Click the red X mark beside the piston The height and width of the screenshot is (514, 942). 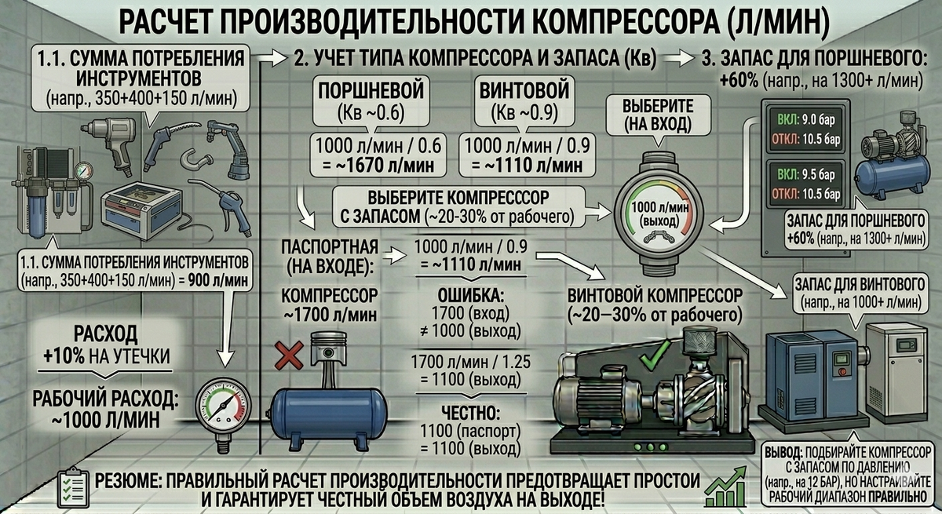click(x=289, y=355)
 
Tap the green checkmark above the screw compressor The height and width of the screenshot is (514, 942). click(x=655, y=355)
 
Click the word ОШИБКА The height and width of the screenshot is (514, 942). click(x=470, y=296)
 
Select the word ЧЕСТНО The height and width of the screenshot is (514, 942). click(x=470, y=413)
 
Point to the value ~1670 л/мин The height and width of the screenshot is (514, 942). click(x=384, y=165)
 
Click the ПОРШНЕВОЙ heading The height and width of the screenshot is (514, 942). click(x=371, y=90)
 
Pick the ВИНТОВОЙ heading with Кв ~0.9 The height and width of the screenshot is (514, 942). click(x=524, y=90)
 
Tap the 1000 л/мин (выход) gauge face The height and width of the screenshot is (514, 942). click(x=659, y=214)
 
